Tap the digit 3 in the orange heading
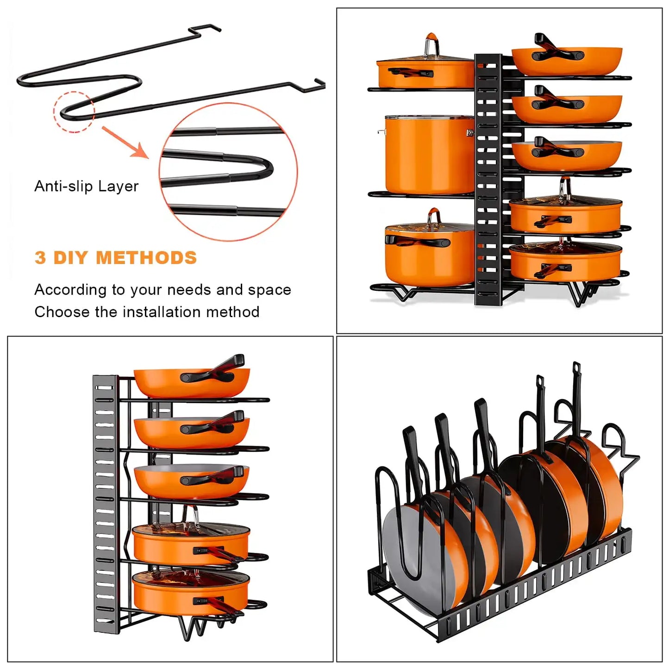(x=40, y=258)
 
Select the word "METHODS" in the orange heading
(x=146, y=258)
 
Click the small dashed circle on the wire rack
(x=74, y=112)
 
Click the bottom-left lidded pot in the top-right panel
(x=428, y=255)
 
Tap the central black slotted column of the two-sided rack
(x=488, y=181)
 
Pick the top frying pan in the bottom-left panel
(x=191, y=381)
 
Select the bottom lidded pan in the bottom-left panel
(x=191, y=593)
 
